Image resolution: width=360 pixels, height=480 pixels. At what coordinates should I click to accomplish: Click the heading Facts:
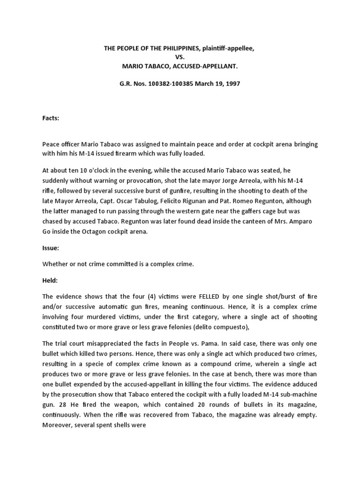pos(51,119)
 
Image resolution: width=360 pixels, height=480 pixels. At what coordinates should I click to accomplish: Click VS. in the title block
pos(180,57)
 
